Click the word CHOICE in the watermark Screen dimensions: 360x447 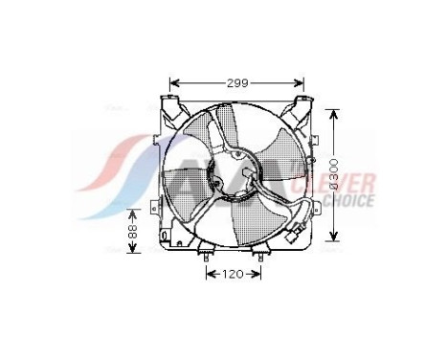point(351,201)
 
